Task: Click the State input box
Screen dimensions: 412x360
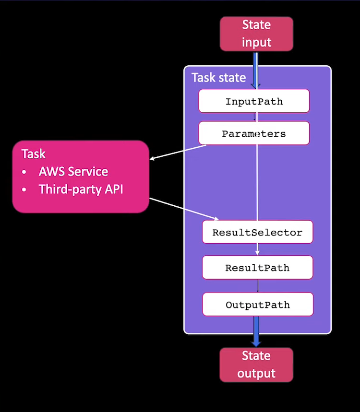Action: point(256,34)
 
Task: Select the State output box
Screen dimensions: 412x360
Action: point(256,365)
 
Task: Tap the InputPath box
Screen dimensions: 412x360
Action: point(254,101)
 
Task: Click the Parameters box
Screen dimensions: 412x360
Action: point(254,133)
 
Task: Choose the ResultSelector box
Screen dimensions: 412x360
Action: point(257,232)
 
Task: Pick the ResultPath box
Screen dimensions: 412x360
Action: point(257,267)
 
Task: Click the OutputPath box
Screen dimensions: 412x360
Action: point(257,304)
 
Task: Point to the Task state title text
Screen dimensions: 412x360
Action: point(218,78)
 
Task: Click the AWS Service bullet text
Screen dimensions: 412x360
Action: point(73,172)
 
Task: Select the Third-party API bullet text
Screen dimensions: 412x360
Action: point(81,189)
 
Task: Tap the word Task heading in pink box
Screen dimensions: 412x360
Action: point(34,154)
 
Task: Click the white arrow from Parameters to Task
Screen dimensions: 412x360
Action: point(178,152)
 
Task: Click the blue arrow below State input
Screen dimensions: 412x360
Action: point(256,69)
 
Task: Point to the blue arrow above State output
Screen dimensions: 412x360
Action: point(256,338)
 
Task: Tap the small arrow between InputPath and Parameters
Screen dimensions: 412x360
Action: point(254,117)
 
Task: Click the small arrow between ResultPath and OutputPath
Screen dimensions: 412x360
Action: point(258,286)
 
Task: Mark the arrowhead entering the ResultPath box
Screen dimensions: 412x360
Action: point(258,253)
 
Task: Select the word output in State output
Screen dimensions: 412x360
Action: point(256,373)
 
